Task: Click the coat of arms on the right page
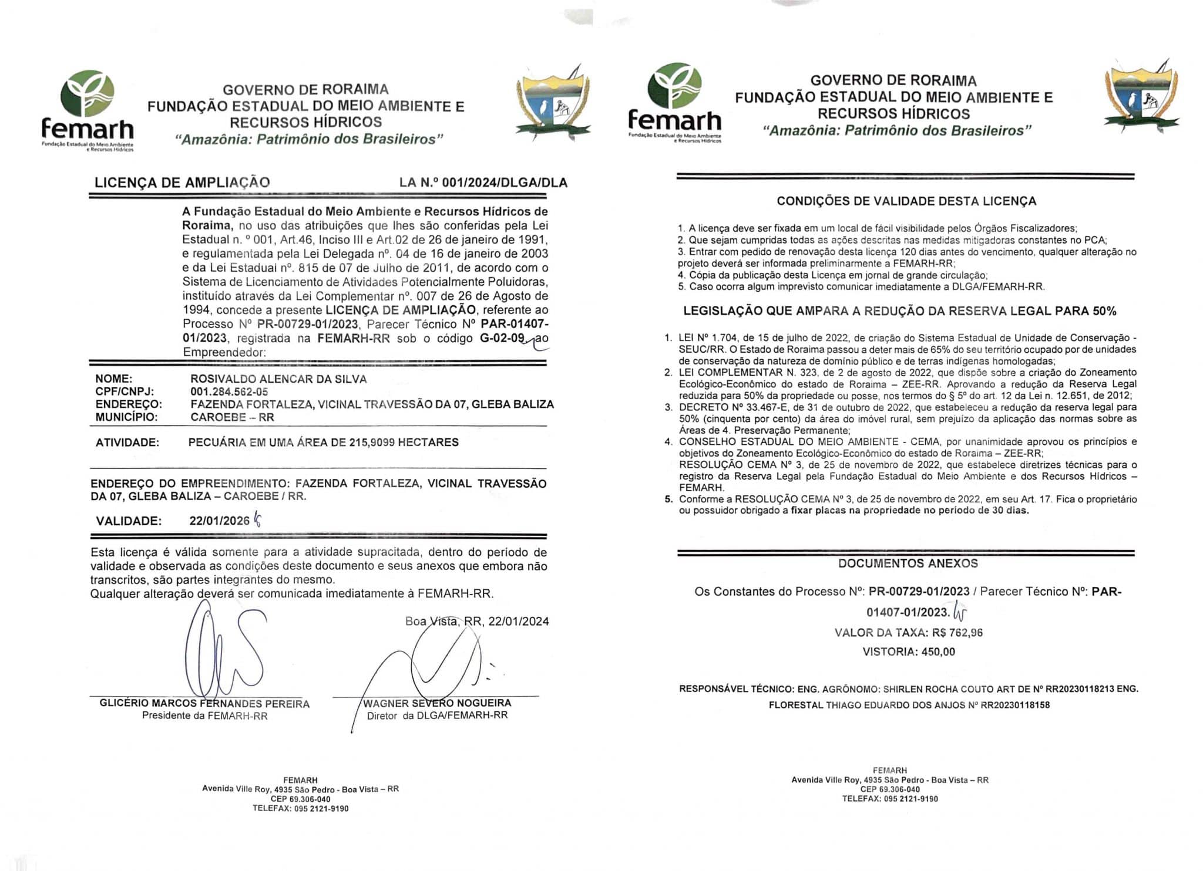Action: [1141, 100]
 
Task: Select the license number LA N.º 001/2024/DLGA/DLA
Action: [483, 183]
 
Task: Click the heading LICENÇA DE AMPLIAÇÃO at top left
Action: [182, 183]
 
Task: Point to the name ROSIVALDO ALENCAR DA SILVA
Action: [278, 379]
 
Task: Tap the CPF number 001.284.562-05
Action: [229, 392]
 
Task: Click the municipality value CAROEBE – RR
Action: [232, 417]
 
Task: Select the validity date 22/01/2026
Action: [219, 521]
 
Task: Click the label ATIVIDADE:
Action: [127, 443]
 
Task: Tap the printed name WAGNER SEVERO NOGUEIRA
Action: [437, 703]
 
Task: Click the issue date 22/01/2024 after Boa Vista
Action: [518, 622]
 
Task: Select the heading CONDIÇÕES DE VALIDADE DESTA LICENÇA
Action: [906, 201]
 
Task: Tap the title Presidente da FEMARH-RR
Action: [204, 716]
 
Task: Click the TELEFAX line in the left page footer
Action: [300, 808]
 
